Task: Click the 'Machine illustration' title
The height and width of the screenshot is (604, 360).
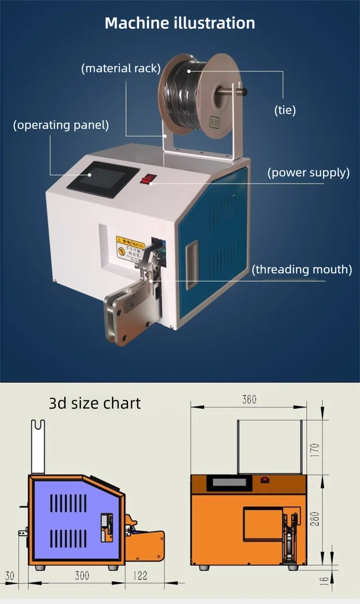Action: [180, 23]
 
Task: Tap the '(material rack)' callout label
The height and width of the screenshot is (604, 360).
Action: [120, 68]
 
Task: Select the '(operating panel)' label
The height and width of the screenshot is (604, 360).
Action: [61, 125]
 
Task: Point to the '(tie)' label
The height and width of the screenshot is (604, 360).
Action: [285, 110]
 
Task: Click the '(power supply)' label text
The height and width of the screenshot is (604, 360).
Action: [308, 173]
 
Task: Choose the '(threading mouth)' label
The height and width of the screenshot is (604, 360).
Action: [302, 269]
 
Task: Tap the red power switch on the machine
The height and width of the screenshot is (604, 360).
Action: [148, 180]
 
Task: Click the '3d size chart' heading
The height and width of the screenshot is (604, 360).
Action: [95, 403]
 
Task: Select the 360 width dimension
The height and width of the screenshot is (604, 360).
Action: [249, 399]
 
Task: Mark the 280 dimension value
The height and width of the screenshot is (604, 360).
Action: [314, 519]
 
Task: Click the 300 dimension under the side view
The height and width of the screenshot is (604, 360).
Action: [82, 576]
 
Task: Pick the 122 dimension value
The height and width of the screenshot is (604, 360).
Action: [140, 576]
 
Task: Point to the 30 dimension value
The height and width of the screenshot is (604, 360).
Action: [10, 576]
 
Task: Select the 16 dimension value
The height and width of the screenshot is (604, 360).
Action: [324, 580]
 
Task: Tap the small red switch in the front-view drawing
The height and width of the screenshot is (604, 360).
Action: [264, 479]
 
